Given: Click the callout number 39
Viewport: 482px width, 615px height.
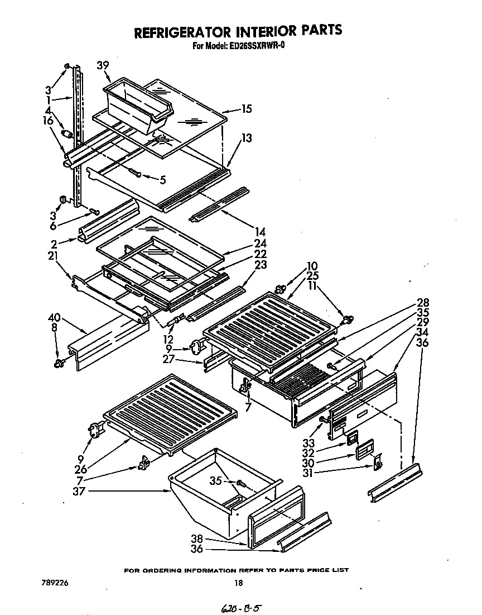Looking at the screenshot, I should (102, 65).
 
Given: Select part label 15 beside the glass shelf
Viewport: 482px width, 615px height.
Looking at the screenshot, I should (246, 109).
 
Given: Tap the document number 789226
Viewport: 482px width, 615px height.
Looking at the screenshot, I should (55, 583).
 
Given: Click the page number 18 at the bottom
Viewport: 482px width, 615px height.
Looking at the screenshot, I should (238, 583).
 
